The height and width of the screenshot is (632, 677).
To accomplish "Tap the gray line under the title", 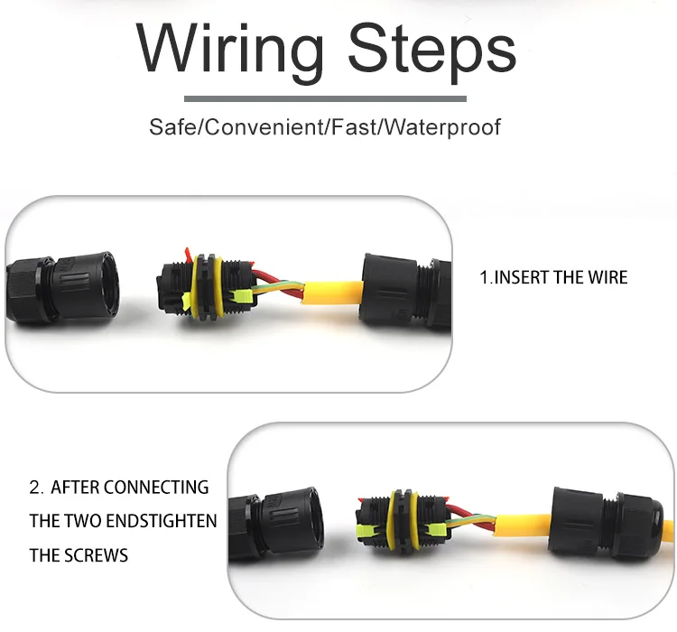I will click(x=325, y=98).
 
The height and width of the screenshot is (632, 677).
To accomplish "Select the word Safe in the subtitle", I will click(x=171, y=125).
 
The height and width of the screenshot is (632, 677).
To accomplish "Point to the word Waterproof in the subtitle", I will click(x=442, y=125).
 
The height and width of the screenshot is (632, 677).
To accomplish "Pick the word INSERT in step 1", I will click(x=521, y=277).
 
